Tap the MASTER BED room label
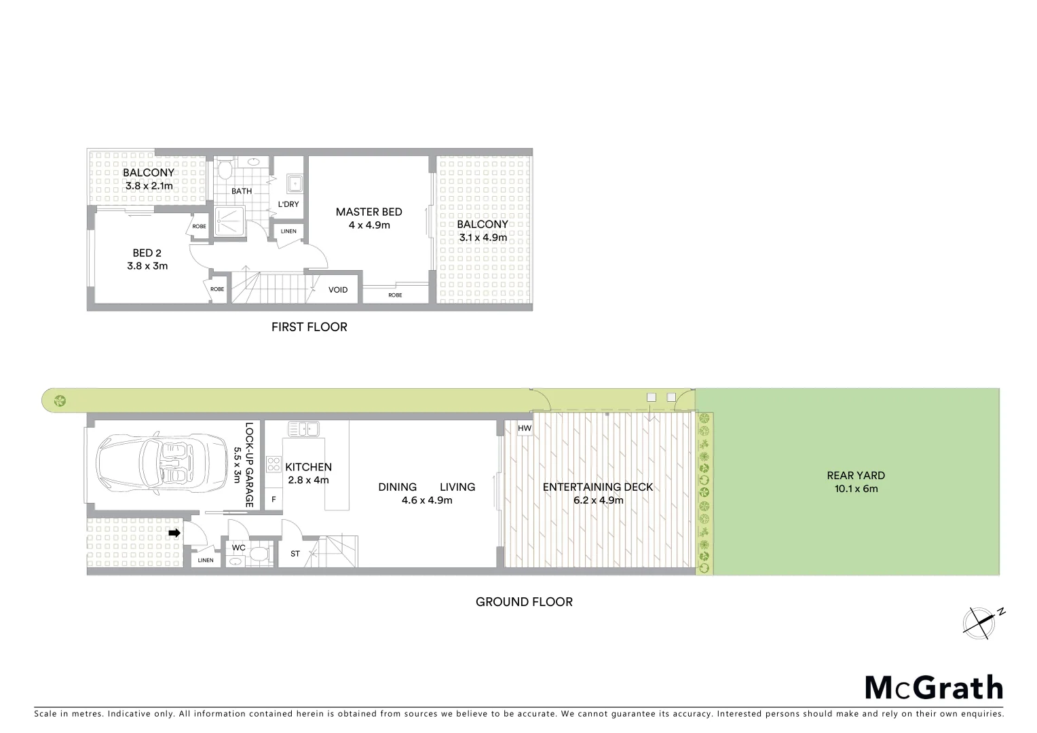pyautogui.click(x=369, y=212)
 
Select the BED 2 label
pyautogui.click(x=147, y=253)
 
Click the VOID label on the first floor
pyautogui.click(x=338, y=290)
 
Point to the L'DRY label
pyautogui.click(x=288, y=204)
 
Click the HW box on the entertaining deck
pyautogui.click(x=525, y=429)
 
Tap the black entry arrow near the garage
pyautogui.click(x=174, y=533)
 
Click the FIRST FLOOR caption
pyautogui.click(x=309, y=327)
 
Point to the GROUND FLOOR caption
pyautogui.click(x=524, y=602)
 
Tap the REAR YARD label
pyautogui.click(x=856, y=476)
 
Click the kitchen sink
pyautogui.click(x=303, y=429)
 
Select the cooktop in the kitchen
pyautogui.click(x=274, y=464)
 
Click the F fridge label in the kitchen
pyautogui.click(x=274, y=500)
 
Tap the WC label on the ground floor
pyautogui.click(x=238, y=548)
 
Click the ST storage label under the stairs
pyautogui.click(x=295, y=554)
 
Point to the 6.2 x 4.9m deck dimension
pyautogui.click(x=598, y=500)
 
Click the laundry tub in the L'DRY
pyautogui.click(x=295, y=183)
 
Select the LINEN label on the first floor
pyautogui.click(x=288, y=231)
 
